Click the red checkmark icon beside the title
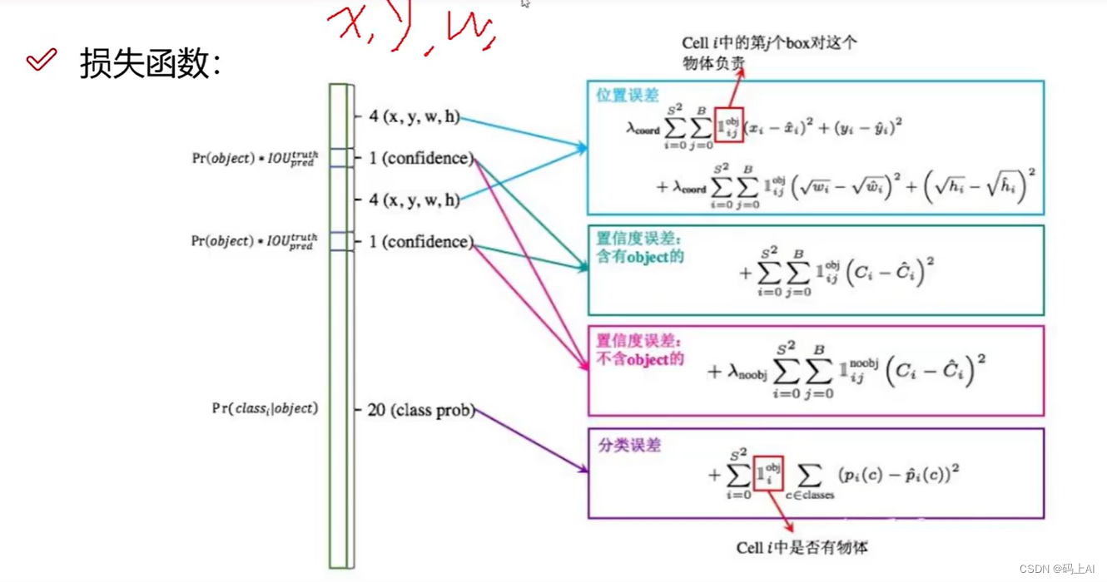[42, 60]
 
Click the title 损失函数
[150, 63]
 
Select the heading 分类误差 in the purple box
[629, 445]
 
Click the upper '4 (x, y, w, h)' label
[415, 117]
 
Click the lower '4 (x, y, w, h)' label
[415, 200]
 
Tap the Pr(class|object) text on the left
[265, 408]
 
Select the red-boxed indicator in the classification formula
[767, 475]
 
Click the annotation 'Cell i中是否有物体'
[802, 547]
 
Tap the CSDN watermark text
[1056, 569]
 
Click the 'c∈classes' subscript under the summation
[809, 495]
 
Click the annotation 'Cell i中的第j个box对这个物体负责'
[769, 52]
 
